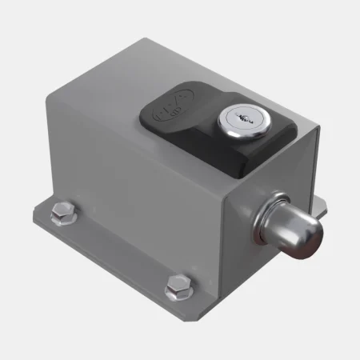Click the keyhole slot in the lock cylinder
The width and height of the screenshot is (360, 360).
pyautogui.click(x=242, y=122)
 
